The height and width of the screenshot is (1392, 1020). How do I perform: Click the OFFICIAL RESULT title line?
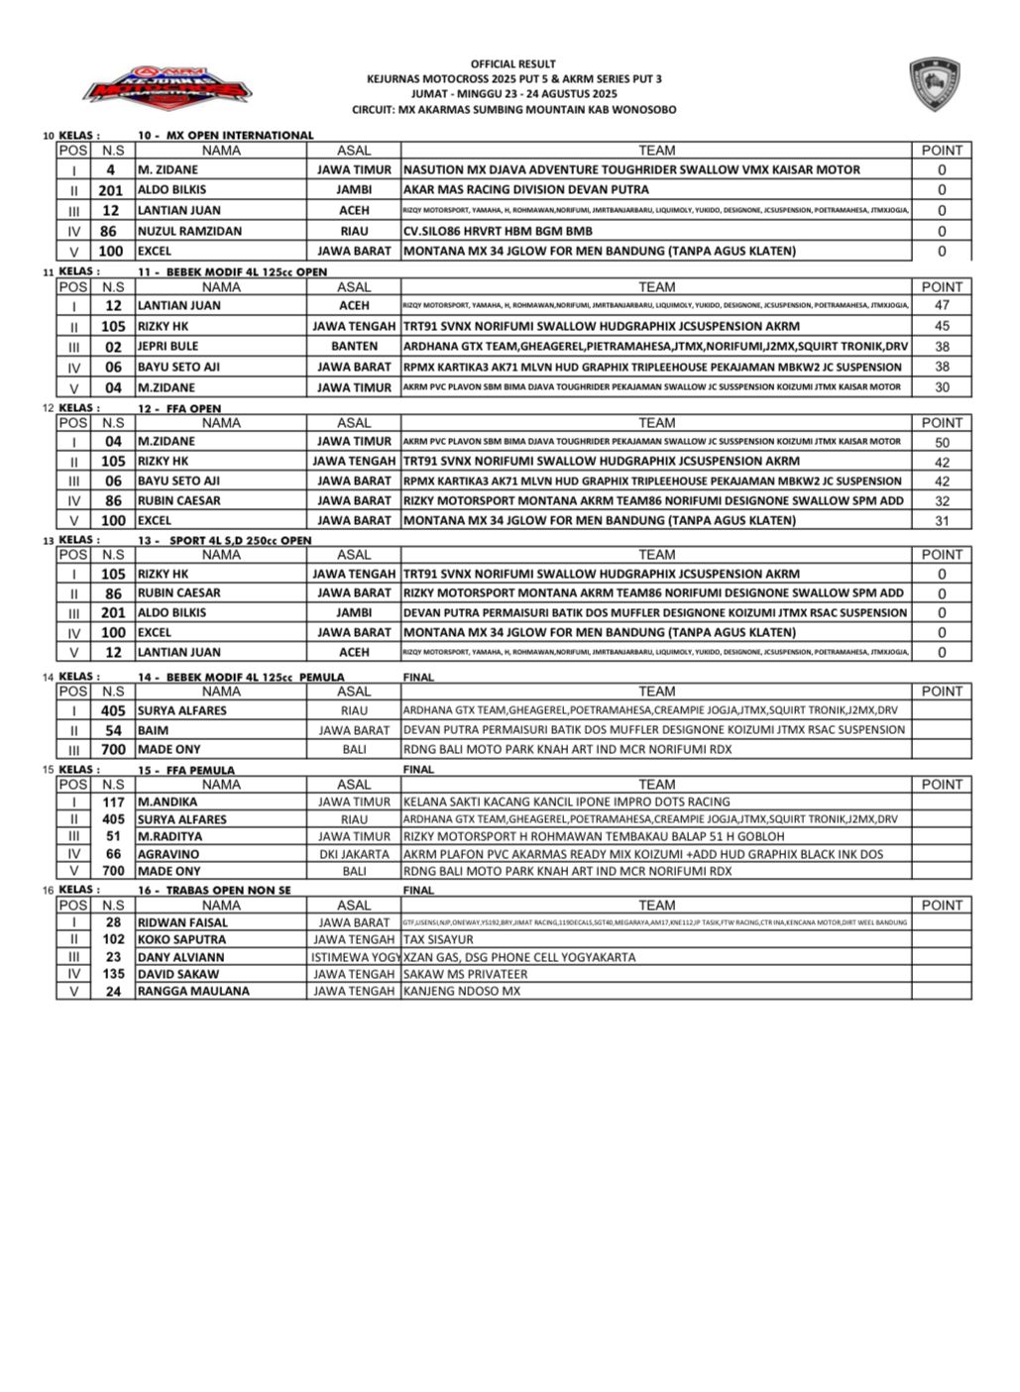pyautogui.click(x=512, y=63)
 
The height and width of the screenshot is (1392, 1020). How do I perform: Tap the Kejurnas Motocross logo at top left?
pyautogui.click(x=167, y=88)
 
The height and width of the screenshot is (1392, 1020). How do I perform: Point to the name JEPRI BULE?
pyautogui.click(x=168, y=347)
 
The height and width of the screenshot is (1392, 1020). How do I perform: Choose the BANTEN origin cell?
pyautogui.click(x=354, y=347)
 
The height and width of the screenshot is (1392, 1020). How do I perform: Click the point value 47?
pyautogui.click(x=941, y=306)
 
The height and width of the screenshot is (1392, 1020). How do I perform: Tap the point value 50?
pyautogui.click(x=941, y=442)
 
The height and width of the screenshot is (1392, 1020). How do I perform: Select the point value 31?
pyautogui.click(x=941, y=521)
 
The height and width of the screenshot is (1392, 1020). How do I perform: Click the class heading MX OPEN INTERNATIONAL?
pyautogui.click(x=226, y=135)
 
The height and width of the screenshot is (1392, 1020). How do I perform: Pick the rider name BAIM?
pyautogui.click(x=153, y=730)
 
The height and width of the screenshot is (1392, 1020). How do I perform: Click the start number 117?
pyautogui.click(x=113, y=803)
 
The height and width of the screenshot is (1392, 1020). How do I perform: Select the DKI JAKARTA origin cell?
pyautogui.click(x=354, y=854)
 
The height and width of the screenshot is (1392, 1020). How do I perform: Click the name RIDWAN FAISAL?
pyautogui.click(x=182, y=922)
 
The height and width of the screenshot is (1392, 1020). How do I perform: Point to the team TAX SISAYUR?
pyautogui.click(x=438, y=939)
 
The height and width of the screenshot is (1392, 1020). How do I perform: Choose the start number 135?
pyautogui.click(x=113, y=974)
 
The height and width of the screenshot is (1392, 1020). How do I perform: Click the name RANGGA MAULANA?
pyautogui.click(x=193, y=991)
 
